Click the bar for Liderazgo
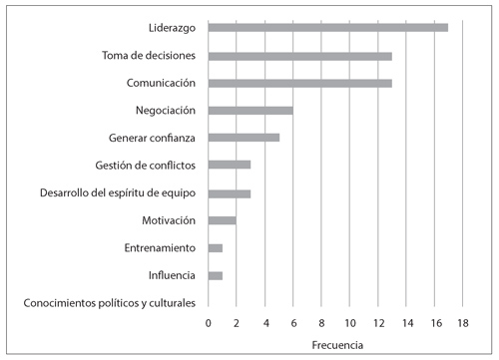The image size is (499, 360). pos(327,27)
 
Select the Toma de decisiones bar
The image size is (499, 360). pos(299,55)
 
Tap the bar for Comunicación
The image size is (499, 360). pos(299,82)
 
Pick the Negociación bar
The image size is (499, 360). pos(249,110)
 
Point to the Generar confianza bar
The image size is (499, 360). pos(243,137)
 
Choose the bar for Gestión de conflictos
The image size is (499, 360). pos(229,165)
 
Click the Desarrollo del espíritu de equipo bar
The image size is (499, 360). pos(229,192)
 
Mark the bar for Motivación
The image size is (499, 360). pos(222,219)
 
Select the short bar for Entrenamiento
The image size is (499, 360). pos(215,247)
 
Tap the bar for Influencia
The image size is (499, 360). pos(215,274)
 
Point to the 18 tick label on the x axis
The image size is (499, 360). pos(463,323)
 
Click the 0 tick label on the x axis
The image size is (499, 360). pos(208,323)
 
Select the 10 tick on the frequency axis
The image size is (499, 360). pos(349,323)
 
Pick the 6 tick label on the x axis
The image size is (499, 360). pos(293,323)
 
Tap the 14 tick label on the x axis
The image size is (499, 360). pos(406,323)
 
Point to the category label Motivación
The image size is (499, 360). pos(167,219)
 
